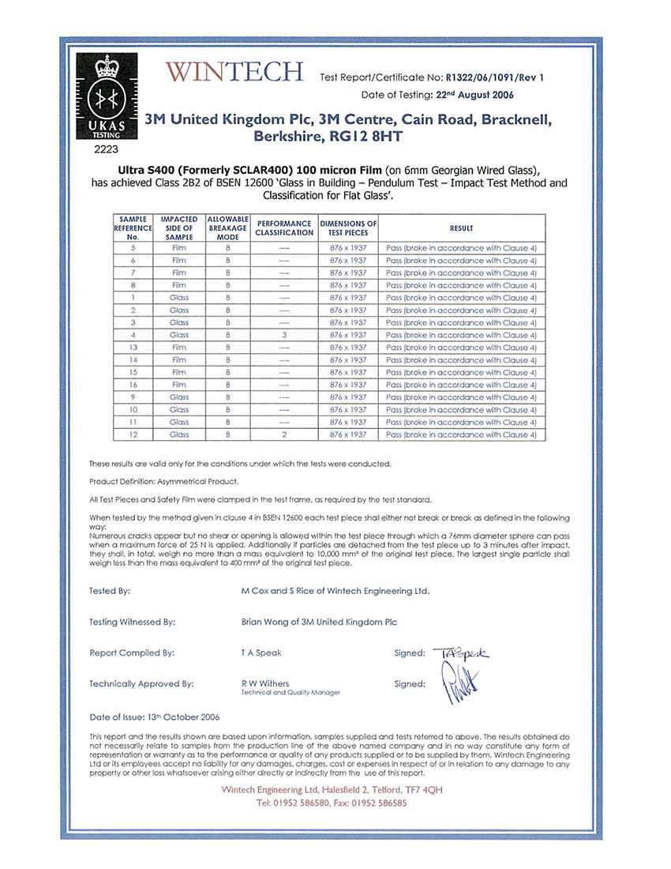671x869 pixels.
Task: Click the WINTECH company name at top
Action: [234, 73]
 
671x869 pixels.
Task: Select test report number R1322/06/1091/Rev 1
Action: [495, 77]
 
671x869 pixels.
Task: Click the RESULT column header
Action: [462, 228]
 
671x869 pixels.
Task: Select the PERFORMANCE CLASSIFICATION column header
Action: [284, 228]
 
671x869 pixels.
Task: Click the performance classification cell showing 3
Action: [284, 335]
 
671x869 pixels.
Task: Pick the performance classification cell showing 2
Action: [284, 434]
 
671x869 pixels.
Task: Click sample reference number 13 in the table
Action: [133, 348]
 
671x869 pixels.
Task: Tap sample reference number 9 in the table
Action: [133, 397]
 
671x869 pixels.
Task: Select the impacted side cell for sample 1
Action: [179, 298]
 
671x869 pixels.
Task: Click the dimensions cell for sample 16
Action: [348, 385]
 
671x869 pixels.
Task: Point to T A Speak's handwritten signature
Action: [461, 653]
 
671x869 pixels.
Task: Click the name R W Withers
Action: [265, 683]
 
